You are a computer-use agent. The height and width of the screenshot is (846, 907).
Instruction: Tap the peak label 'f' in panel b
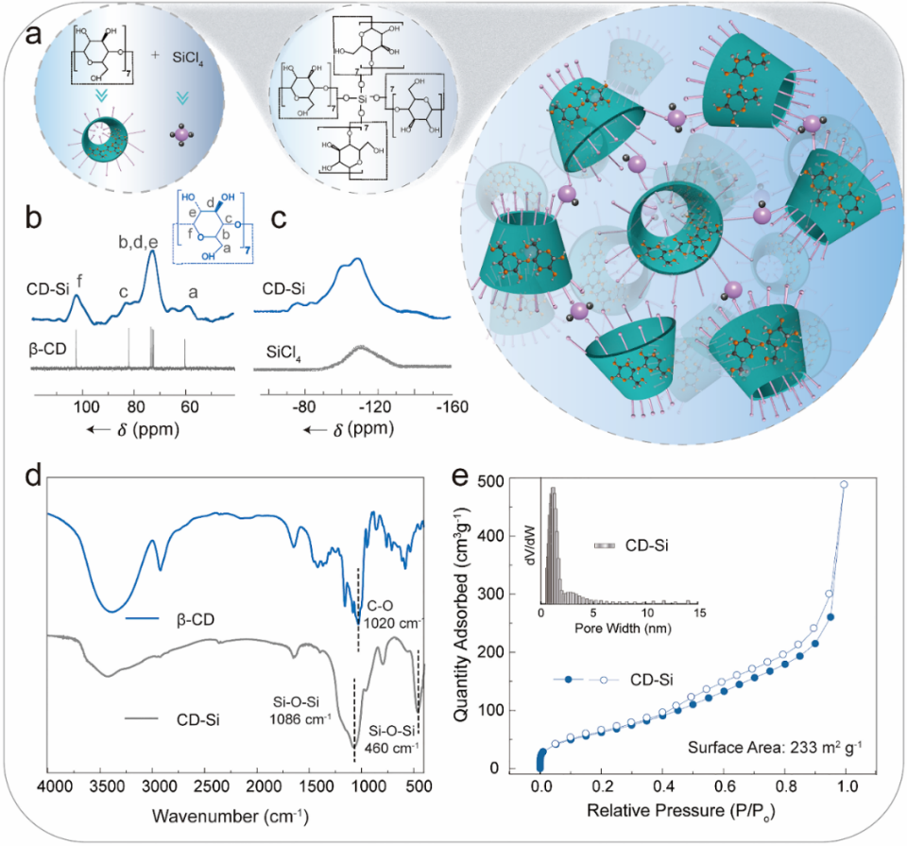click(78, 281)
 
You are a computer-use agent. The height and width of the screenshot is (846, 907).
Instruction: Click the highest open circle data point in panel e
click(844, 484)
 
